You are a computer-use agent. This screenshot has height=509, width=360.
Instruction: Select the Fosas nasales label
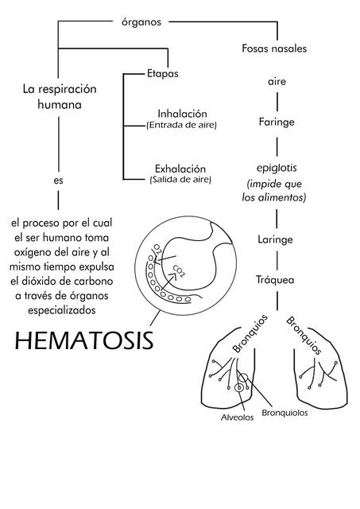[x=274, y=49]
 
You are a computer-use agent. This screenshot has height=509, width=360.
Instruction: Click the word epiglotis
[x=276, y=169]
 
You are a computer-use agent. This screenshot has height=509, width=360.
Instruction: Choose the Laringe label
[x=276, y=239]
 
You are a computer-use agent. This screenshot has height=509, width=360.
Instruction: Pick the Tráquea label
[x=276, y=280]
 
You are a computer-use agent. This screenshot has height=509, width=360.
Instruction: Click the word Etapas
[x=162, y=74]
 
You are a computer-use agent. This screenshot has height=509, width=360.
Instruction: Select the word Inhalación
[x=182, y=114]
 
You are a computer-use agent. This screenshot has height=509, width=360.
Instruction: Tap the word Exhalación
[x=180, y=169]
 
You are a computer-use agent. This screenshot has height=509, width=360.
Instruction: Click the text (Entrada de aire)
[x=181, y=125]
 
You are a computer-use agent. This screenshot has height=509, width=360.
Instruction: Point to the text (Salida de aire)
[x=180, y=180]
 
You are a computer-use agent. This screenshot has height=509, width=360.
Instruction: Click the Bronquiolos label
[x=285, y=413]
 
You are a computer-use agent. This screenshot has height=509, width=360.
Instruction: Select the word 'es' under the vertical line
[x=58, y=181]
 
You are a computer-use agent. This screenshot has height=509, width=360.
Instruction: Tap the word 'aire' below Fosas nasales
[x=276, y=82]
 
